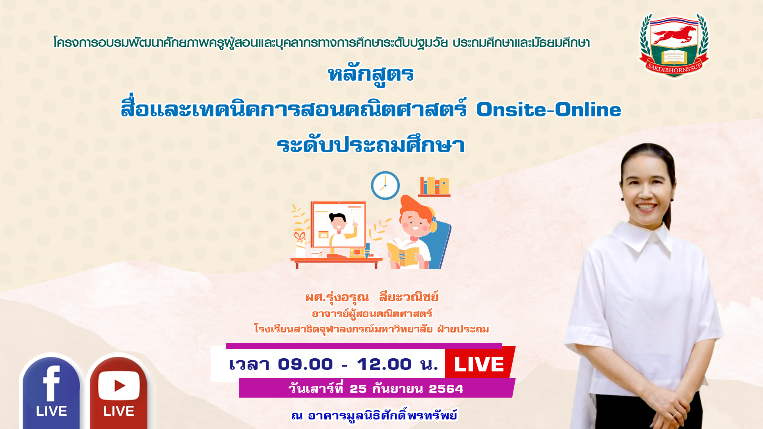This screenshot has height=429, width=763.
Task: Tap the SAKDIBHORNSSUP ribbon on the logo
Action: point(674,68)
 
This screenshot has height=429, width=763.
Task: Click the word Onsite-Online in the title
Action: point(548,109)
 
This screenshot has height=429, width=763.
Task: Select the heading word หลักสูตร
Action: point(371,75)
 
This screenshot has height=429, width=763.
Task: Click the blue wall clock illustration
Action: point(385,186)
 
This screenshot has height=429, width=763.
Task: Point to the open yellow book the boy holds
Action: point(403,253)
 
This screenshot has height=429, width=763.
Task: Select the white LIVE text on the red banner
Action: point(479,364)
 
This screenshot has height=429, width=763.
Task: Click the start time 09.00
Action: point(305,364)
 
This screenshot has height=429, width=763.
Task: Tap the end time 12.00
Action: point(384,364)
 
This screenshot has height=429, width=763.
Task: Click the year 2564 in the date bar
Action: point(446,389)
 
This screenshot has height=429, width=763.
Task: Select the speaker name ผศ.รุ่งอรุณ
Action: point(337,297)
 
